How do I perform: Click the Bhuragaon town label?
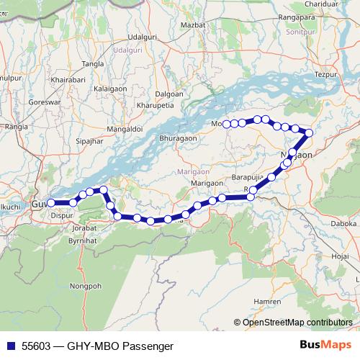pyautogui.click(x=177, y=137)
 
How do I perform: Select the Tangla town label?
pyautogui.click(x=93, y=64)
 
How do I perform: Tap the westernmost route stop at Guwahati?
pyautogui.click(x=51, y=203)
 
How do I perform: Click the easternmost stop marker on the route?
pyautogui.click(x=310, y=132)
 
